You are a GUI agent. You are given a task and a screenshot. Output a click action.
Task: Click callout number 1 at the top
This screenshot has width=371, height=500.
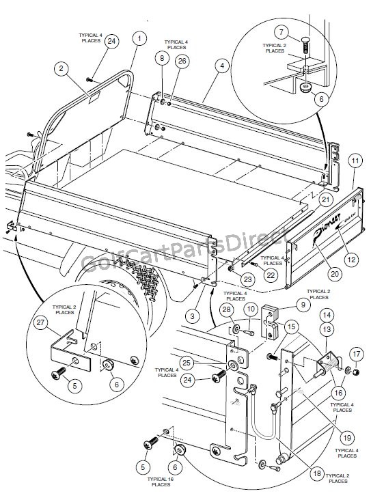[139, 38]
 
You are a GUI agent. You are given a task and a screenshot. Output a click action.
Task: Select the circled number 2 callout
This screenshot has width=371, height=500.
[61, 68]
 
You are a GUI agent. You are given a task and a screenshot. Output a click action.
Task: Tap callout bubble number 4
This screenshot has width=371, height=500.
[221, 67]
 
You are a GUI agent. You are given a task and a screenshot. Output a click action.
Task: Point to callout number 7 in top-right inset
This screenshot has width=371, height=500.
[280, 32]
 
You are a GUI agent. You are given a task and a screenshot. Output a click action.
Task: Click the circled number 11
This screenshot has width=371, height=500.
[355, 162]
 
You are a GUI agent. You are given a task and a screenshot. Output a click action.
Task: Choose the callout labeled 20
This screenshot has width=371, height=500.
[334, 273]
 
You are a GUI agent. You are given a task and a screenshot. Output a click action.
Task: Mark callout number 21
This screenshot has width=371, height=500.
[325, 199]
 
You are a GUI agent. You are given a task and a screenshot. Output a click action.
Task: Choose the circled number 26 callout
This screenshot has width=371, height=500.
[181, 61]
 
